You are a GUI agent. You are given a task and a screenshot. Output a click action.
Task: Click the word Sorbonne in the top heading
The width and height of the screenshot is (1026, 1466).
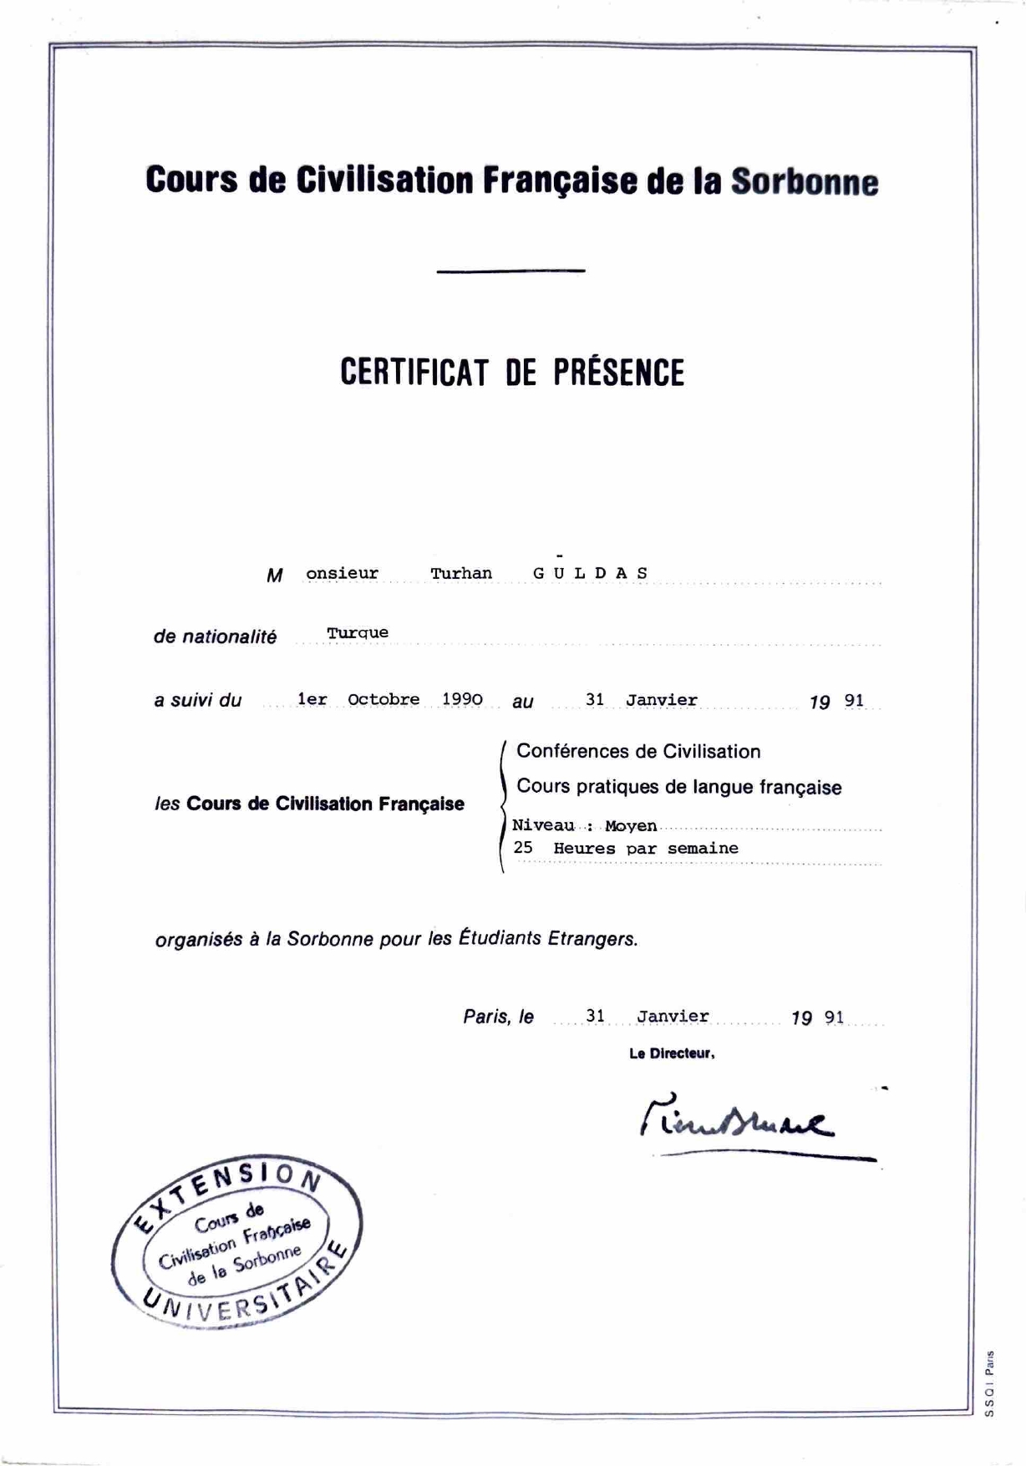click(805, 182)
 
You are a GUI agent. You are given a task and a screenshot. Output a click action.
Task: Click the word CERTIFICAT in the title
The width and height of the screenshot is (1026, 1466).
click(414, 373)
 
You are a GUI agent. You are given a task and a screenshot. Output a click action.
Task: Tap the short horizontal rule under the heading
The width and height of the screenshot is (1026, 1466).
click(510, 271)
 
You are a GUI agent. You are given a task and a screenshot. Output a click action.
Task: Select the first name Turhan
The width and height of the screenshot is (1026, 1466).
click(461, 574)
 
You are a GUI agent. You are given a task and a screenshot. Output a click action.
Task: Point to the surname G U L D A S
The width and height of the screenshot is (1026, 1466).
click(590, 574)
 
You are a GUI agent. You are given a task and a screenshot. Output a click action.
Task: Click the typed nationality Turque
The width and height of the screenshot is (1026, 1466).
click(358, 633)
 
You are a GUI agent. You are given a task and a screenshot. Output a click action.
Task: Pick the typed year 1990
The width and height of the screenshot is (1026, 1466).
click(462, 699)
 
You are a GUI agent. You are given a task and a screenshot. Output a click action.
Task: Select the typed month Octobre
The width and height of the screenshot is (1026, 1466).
click(383, 700)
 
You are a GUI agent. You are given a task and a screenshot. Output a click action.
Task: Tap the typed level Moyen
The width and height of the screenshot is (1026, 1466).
click(631, 826)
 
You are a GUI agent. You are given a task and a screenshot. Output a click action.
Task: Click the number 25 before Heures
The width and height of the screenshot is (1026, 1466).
click(523, 848)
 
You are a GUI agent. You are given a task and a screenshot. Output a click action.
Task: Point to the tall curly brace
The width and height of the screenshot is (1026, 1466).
click(502, 806)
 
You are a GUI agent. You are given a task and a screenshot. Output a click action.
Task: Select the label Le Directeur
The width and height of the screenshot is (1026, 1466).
click(672, 1054)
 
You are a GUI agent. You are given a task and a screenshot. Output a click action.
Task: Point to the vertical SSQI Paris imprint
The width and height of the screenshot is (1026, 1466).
click(989, 1383)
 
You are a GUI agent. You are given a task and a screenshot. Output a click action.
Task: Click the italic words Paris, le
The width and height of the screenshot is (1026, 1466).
click(498, 1017)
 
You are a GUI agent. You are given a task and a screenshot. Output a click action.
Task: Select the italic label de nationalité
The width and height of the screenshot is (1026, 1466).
click(215, 637)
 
